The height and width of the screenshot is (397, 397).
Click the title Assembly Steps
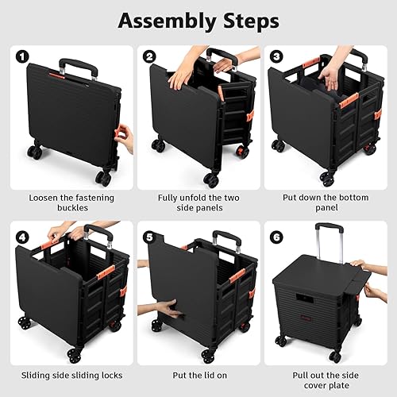[x=198, y=20]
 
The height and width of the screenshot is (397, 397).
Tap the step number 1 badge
[x=22, y=56]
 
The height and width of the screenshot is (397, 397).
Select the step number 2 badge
[x=148, y=56]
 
